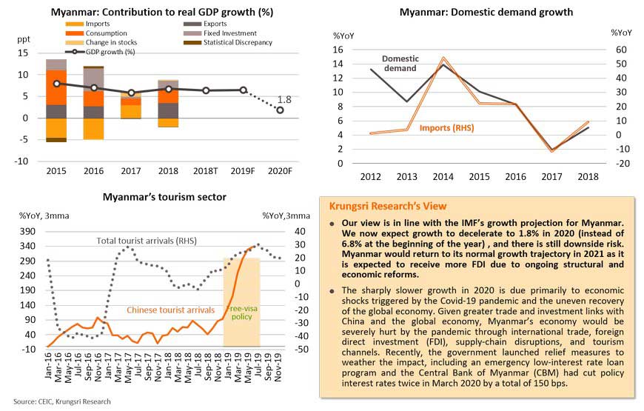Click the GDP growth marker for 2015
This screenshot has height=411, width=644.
coord(56,84)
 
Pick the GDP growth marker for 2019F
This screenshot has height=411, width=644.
coord(243,90)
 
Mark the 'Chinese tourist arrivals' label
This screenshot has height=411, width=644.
coord(171,310)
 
